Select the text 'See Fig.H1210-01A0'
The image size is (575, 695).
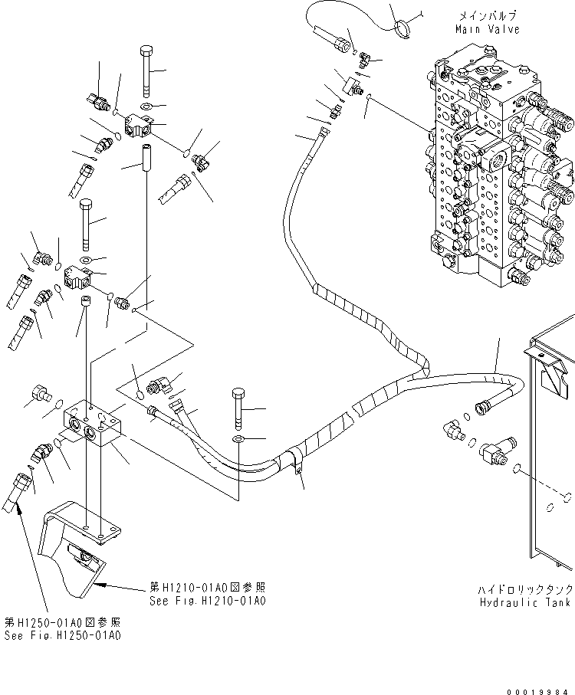(208, 601)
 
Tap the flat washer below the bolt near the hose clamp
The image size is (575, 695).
(238, 439)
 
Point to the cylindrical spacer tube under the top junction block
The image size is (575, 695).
(146, 156)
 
